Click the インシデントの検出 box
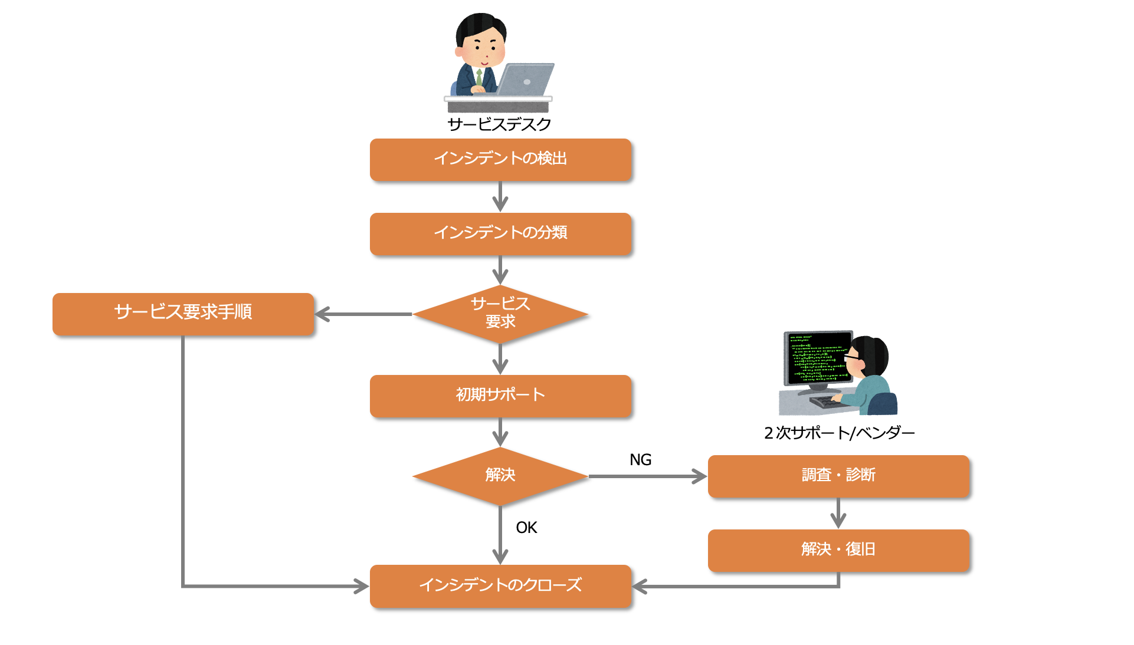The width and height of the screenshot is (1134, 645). click(500, 159)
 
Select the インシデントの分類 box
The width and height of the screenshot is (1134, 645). click(500, 233)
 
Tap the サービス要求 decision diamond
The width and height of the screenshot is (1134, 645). click(500, 314)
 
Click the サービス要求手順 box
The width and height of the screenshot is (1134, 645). click(183, 314)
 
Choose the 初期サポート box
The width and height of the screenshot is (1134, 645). click(500, 396)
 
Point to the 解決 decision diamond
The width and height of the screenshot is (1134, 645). click(500, 476)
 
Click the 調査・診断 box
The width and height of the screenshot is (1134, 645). click(838, 476)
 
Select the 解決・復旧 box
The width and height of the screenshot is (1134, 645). click(838, 550)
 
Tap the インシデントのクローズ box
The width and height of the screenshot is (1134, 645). click(500, 586)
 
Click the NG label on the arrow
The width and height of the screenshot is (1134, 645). click(640, 460)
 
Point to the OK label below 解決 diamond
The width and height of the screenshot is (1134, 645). click(526, 528)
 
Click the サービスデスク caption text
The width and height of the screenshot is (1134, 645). click(499, 124)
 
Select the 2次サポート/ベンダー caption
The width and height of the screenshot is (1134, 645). click(839, 433)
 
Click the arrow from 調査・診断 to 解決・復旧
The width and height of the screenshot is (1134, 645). click(838, 514)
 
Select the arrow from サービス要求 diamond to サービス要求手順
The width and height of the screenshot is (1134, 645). click(363, 314)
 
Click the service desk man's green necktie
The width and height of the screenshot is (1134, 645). click(479, 77)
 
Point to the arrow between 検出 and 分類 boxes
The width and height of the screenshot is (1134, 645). click(500, 197)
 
